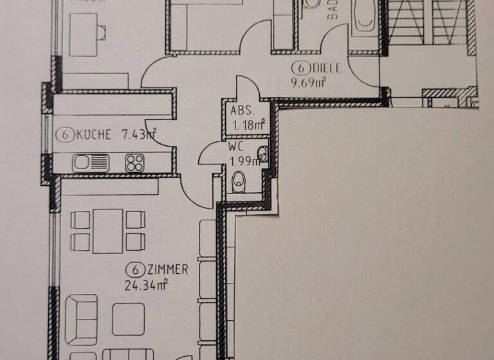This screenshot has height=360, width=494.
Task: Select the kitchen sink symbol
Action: [x=91, y=163]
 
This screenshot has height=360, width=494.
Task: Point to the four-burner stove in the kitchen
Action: [x=134, y=163]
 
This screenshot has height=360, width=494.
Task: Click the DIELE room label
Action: [x=327, y=67]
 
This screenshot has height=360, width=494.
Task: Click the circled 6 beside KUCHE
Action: [x=63, y=135]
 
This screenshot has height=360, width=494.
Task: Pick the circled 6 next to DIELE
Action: [x=298, y=67]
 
